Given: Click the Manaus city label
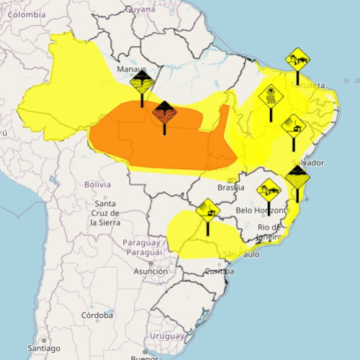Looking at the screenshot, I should point(131,70).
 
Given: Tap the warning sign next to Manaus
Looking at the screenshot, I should point(142,81).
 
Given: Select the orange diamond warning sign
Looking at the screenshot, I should point(164,112).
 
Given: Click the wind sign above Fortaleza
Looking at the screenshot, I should point(297,58).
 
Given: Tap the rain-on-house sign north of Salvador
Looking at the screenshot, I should point(294,127).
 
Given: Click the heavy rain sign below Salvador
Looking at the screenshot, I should point(297,176).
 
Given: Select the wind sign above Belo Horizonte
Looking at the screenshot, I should point(269,189).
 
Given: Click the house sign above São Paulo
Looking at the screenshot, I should point(207,210).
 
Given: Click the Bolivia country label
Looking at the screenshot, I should point(97,184).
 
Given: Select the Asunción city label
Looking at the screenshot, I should point(150,271).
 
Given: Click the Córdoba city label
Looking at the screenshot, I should point(97,315).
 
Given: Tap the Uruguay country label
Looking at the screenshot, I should point(171,336).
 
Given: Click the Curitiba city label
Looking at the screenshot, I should point(219,271).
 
